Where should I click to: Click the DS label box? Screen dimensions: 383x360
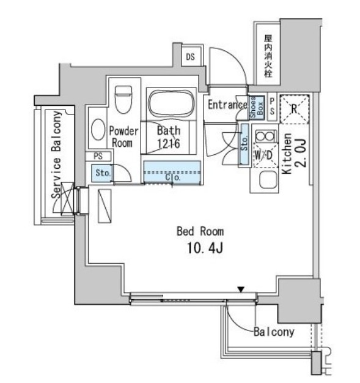click(x=189, y=58)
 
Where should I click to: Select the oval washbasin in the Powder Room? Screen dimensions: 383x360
click(x=97, y=129)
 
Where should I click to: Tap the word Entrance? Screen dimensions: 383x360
click(x=226, y=105)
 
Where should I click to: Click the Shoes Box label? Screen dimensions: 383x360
click(x=256, y=108)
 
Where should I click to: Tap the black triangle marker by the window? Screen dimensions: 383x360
click(x=241, y=289)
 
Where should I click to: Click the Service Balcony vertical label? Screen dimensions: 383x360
click(x=56, y=152)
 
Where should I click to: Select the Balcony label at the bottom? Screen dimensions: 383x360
click(x=274, y=333)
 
